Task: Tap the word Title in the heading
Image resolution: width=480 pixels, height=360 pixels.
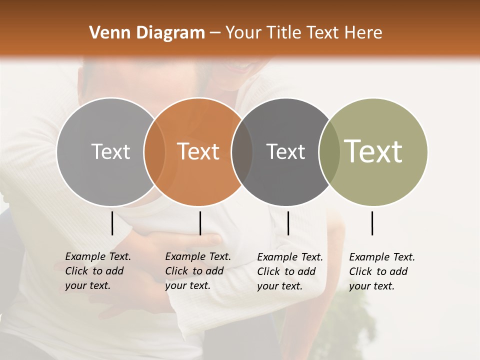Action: (x=284, y=33)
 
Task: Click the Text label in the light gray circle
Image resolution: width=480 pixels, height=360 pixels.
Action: (x=110, y=151)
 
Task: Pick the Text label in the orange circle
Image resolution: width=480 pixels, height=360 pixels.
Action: (x=198, y=151)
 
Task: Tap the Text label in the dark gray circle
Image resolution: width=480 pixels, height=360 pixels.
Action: (x=285, y=151)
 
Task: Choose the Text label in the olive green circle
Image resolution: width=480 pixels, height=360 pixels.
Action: (x=373, y=151)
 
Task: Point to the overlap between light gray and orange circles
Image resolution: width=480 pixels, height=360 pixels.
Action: (x=154, y=151)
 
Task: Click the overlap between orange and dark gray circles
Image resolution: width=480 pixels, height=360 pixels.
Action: (x=242, y=151)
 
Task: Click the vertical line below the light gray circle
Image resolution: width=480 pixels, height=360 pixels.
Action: (x=112, y=223)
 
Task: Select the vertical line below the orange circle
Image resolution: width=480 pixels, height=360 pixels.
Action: (x=200, y=223)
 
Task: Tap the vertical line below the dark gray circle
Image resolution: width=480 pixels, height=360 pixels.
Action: (x=288, y=223)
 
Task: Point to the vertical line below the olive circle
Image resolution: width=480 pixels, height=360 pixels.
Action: (x=372, y=223)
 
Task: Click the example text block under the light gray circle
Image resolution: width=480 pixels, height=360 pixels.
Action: (x=97, y=271)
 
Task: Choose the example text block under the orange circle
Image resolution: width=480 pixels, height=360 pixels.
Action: (x=197, y=271)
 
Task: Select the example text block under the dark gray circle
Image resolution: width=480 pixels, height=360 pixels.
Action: (x=289, y=271)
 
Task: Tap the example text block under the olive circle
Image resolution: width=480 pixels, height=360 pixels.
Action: (x=381, y=271)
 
